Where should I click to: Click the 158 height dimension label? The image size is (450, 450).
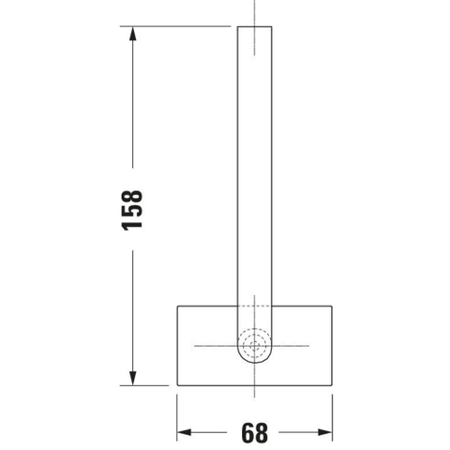coord(131,210)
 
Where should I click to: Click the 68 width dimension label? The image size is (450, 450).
coord(254,433)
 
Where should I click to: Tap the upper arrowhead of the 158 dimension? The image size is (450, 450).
coord(133,34)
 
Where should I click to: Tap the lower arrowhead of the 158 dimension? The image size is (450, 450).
coord(133,378)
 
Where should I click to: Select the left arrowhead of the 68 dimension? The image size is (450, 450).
coord(184,432)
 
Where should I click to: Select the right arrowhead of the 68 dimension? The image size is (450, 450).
coord(325,432)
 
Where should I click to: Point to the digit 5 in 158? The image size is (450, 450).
coord(131,210)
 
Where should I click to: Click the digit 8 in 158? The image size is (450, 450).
coord(131,196)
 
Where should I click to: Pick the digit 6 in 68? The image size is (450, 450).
coord(247,433)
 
